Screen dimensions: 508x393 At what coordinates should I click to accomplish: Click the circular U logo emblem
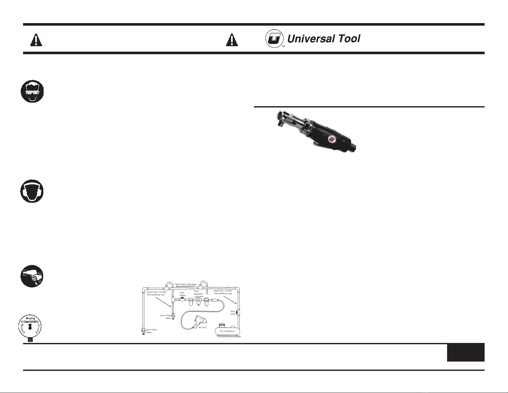pyautogui.click(x=274, y=39)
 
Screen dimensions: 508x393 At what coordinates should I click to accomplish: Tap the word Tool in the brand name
pyautogui.click(x=347, y=39)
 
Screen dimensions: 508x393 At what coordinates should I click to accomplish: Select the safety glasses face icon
pyautogui.click(x=31, y=91)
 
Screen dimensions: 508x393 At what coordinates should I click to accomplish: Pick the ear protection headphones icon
pyautogui.click(x=31, y=192)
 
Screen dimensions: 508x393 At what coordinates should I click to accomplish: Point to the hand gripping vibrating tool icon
pyautogui.click(x=31, y=276)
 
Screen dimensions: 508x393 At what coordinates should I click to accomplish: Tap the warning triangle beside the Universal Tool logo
pyautogui.click(x=232, y=40)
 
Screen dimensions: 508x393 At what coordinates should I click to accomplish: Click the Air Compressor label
pyautogui.click(x=227, y=331)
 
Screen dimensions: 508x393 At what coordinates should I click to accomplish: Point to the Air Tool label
pyautogui.click(x=203, y=328)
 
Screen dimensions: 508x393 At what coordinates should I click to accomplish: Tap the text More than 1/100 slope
pyautogui.click(x=186, y=284)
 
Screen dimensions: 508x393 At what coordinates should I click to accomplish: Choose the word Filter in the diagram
pyautogui.click(x=196, y=291)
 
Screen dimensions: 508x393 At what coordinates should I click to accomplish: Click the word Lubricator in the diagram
pyautogui.click(x=199, y=296)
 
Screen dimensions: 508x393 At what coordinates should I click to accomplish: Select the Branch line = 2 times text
pyautogui.click(x=156, y=292)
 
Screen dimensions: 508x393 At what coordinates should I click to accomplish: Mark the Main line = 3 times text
pyautogui.click(x=223, y=291)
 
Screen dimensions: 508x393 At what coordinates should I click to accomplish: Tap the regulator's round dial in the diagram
pyautogui.click(x=198, y=301)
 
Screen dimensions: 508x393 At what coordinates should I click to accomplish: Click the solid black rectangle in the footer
pyautogui.click(x=466, y=353)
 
